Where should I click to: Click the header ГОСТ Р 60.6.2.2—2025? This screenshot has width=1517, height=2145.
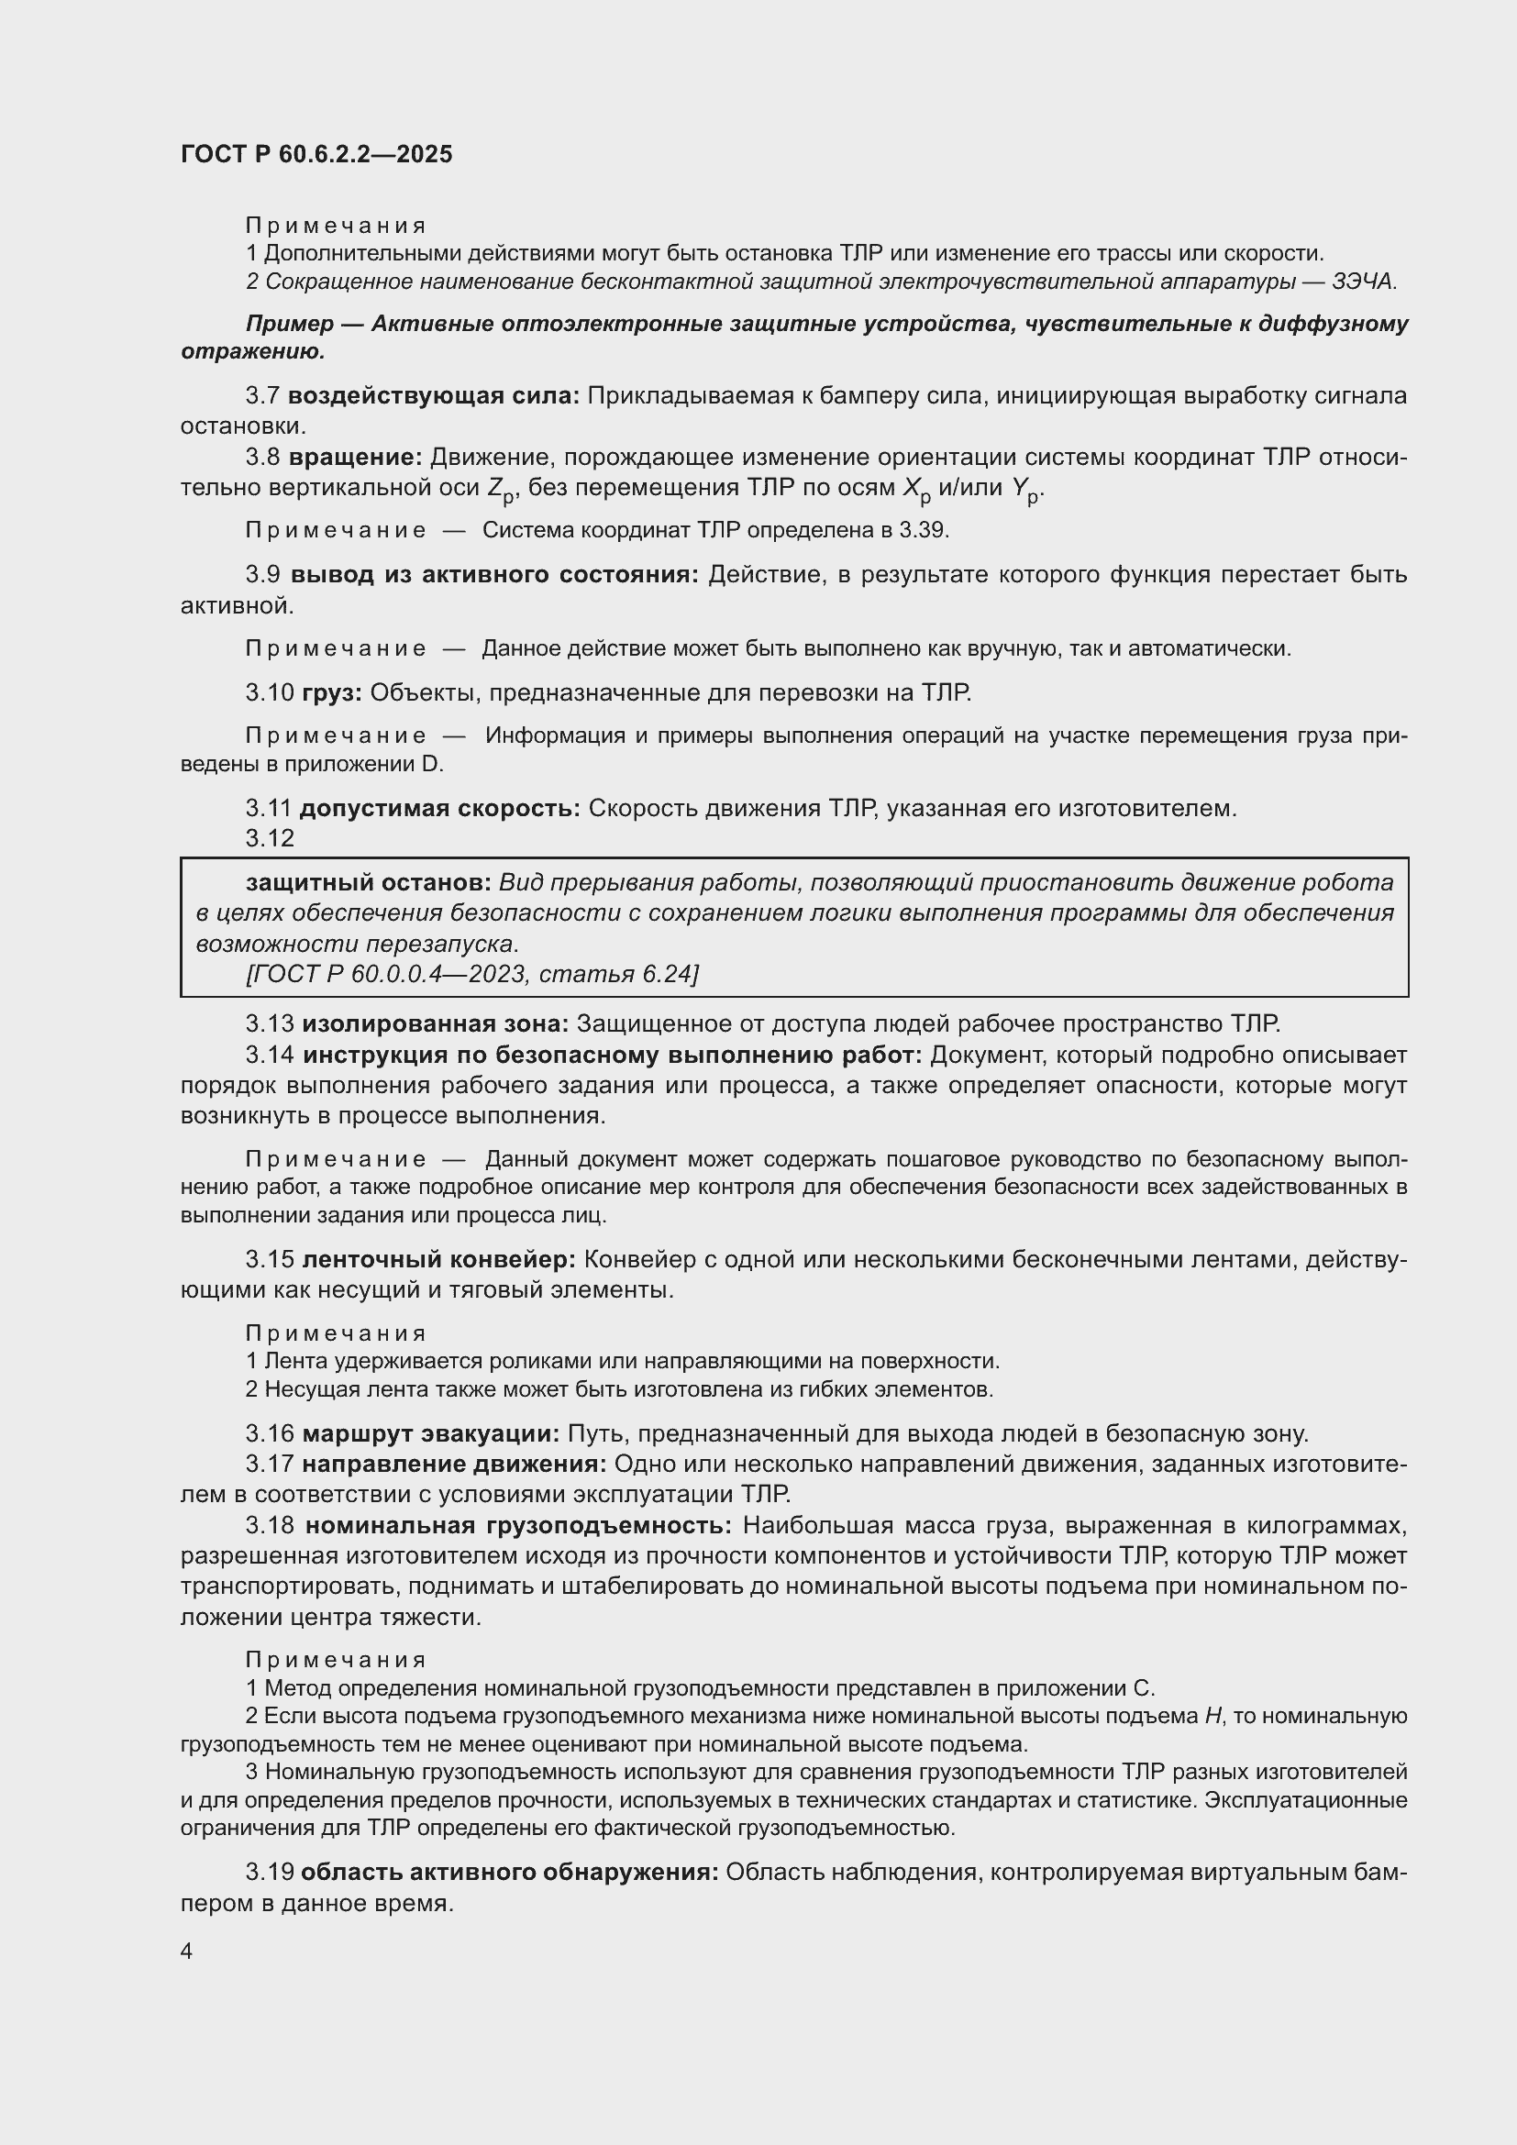[316, 154]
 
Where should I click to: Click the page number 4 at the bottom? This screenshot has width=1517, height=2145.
[186, 1952]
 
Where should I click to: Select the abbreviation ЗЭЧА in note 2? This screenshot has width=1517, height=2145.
[1364, 282]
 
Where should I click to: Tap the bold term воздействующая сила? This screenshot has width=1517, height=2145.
[434, 395]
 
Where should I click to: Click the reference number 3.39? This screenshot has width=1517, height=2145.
[923, 531]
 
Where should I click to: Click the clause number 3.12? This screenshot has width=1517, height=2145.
[270, 838]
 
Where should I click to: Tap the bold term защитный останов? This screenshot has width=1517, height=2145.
[368, 882]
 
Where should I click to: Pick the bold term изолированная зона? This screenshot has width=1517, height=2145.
[436, 1024]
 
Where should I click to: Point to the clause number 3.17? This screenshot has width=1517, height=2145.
[270, 1464]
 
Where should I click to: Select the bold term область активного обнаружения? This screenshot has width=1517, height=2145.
[509, 1873]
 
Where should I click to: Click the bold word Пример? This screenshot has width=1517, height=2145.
[290, 323]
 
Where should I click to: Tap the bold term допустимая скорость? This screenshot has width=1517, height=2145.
[440, 808]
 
